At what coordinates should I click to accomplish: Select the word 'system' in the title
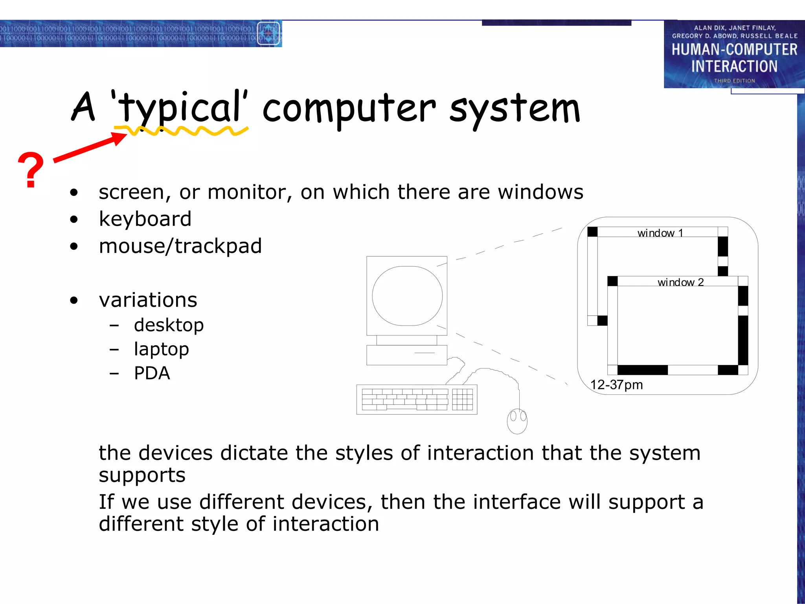[x=515, y=109]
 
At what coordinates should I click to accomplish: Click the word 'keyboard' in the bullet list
[x=145, y=219]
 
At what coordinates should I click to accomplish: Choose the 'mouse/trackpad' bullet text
[x=180, y=246]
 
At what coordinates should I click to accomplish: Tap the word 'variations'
[x=148, y=300]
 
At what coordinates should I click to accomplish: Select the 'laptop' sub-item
[x=161, y=349]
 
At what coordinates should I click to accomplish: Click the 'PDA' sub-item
[x=152, y=373]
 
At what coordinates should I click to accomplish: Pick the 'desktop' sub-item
[x=169, y=325]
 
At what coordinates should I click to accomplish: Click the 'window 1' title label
[x=660, y=233]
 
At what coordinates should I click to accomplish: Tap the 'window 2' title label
[x=680, y=282]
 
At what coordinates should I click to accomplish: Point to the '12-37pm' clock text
[x=616, y=385]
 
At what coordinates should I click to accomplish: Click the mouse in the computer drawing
[x=517, y=421]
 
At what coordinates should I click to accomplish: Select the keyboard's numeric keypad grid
[x=462, y=400]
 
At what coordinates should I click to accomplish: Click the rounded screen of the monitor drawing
[x=407, y=296]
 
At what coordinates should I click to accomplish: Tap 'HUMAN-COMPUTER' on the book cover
[x=734, y=50]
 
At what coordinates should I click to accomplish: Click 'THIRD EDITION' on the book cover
[x=734, y=81]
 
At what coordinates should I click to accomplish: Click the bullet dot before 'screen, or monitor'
[x=74, y=193]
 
